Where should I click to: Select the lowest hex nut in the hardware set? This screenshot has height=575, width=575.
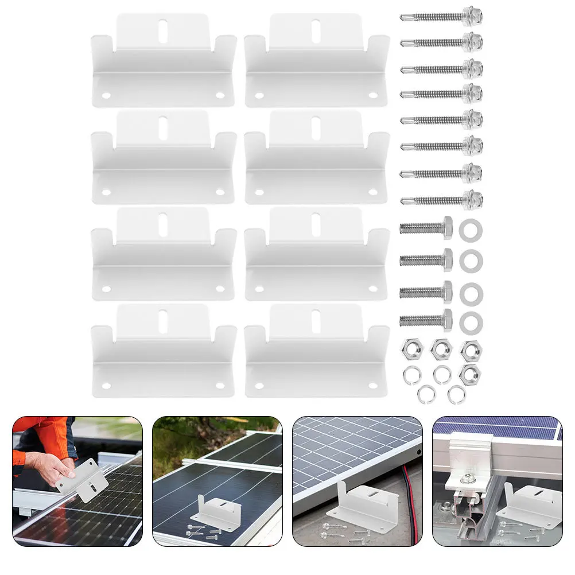[x=470, y=374]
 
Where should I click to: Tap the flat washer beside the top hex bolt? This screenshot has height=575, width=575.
[x=471, y=230]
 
